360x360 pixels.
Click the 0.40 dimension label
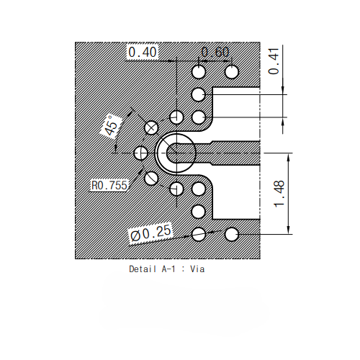[x=142, y=52]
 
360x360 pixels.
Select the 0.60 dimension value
[x=215, y=52]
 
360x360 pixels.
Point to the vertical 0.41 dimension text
[x=273, y=60]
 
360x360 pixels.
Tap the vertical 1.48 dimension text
[x=279, y=193]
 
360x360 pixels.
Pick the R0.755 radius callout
[x=109, y=185]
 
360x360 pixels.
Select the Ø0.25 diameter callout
[x=150, y=233]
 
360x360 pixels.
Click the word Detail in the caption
[x=144, y=269]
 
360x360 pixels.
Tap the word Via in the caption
[x=197, y=269]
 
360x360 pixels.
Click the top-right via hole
[x=232, y=72]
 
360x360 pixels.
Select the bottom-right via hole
[x=232, y=233]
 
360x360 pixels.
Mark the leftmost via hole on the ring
[x=141, y=153]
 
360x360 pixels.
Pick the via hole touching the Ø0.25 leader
[x=199, y=233]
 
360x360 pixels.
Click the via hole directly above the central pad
[x=176, y=117]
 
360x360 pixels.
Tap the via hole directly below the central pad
[x=176, y=189]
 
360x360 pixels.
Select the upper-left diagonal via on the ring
[x=151, y=127]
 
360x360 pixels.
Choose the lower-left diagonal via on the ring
[x=151, y=178]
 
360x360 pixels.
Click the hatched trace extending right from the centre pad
[x=230, y=153]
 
